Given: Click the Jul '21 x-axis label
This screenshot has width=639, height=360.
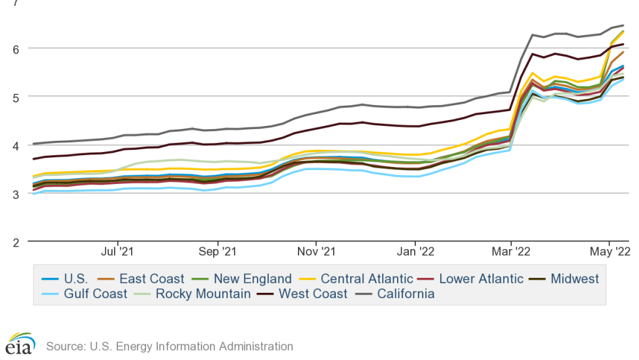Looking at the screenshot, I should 118,251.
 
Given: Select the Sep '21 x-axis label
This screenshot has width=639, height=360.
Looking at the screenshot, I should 216,251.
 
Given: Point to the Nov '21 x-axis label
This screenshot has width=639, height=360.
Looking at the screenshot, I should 316,251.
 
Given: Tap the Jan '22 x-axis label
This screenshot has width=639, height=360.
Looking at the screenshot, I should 415,251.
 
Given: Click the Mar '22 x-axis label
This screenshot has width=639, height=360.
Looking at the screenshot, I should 511,251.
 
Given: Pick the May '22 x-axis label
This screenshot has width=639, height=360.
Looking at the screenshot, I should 609,251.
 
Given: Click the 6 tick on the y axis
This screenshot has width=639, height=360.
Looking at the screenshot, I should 14,48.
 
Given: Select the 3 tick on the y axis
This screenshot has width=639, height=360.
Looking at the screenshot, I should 14,193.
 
